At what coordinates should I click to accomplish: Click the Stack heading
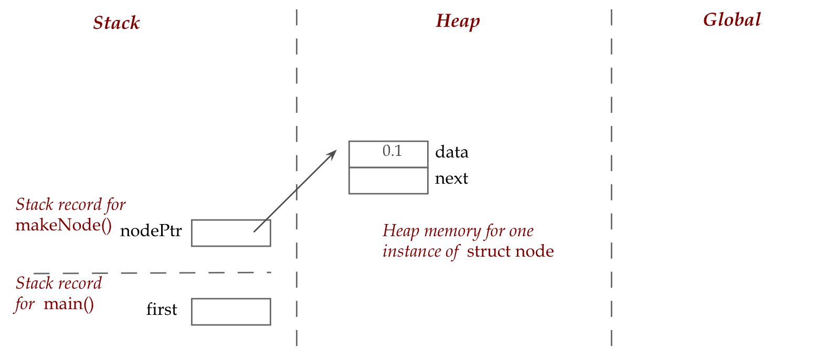(x=116, y=23)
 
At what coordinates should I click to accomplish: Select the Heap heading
(x=458, y=21)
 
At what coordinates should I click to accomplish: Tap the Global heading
(x=731, y=20)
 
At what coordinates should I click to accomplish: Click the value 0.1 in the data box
(x=392, y=152)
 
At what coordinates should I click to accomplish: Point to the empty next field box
(x=388, y=181)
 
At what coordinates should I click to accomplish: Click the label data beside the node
(x=451, y=152)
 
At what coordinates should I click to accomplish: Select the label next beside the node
(x=451, y=179)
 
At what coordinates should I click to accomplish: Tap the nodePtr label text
(x=151, y=231)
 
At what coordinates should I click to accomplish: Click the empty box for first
(x=231, y=312)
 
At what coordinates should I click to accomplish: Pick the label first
(x=162, y=310)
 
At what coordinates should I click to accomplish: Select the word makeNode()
(x=63, y=225)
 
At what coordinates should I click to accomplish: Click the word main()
(x=69, y=304)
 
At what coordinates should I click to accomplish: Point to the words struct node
(x=510, y=251)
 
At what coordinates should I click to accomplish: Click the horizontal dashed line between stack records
(x=152, y=273)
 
